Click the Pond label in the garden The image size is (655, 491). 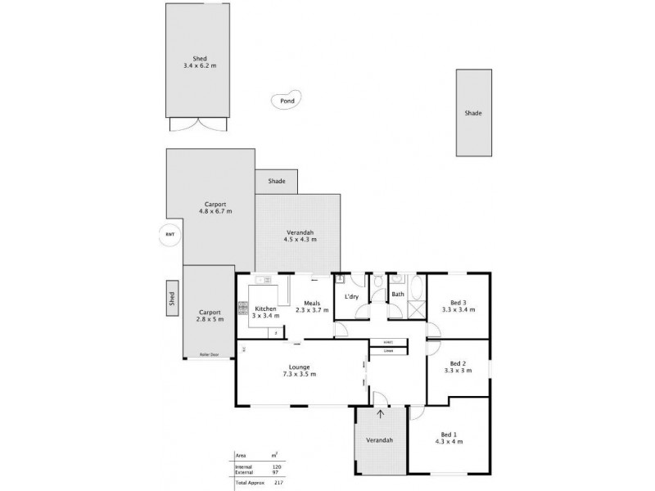click(x=287, y=101)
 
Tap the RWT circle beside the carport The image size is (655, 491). click(x=169, y=235)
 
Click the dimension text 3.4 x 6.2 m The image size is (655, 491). click(x=200, y=65)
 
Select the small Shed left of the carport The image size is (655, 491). click(x=172, y=298)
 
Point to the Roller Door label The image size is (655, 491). click(x=209, y=354)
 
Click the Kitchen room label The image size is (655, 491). click(x=264, y=309)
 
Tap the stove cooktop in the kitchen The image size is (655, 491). click(x=242, y=309)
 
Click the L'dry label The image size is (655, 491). click(x=353, y=295)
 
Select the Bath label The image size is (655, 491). click(x=398, y=293)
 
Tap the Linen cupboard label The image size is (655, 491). click(x=388, y=351)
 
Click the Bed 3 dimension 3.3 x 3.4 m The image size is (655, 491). click(x=458, y=310)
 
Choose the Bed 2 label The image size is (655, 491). click(x=458, y=363)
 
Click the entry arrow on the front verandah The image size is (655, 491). click(x=381, y=414)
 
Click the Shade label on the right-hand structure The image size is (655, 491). click(x=473, y=113)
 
